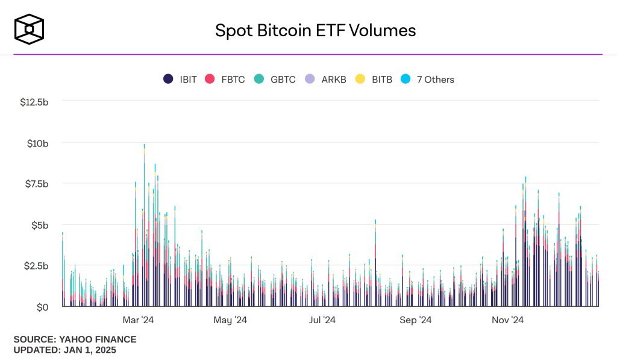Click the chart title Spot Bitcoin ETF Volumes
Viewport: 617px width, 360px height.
click(x=316, y=30)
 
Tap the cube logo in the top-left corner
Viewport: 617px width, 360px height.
click(x=30, y=29)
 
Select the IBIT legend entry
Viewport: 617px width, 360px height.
click(x=180, y=79)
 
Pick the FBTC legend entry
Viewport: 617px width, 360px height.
click(x=226, y=79)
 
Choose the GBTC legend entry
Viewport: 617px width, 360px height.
click(x=275, y=79)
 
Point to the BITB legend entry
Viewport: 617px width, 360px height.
click(x=374, y=79)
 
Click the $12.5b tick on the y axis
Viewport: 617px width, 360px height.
click(x=34, y=102)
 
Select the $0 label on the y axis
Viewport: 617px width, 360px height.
click(x=42, y=307)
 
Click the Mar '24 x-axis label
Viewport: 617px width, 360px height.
click(x=139, y=320)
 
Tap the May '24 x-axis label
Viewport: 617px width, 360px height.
click(x=230, y=320)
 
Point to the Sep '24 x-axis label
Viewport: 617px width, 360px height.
click(x=416, y=320)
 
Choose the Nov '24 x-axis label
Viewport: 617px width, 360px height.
click(x=508, y=320)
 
